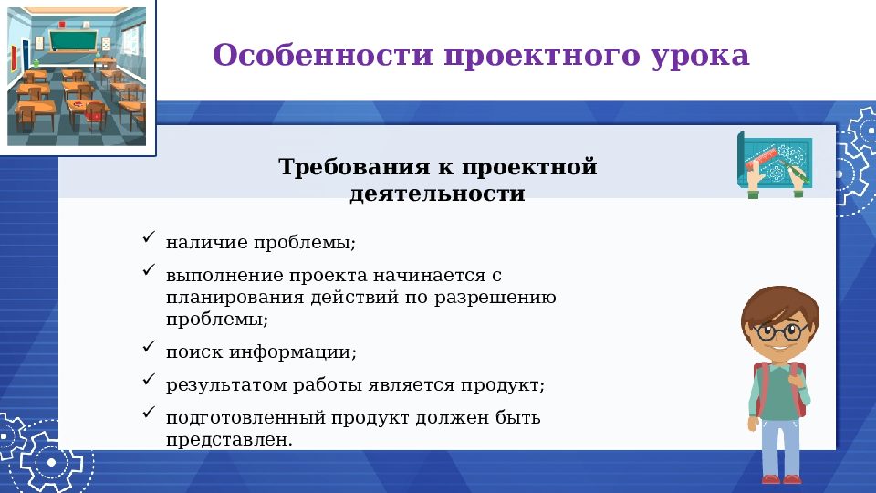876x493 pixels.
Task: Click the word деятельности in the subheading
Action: pyautogui.click(x=437, y=194)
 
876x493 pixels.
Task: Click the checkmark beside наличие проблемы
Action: pyautogui.click(x=149, y=239)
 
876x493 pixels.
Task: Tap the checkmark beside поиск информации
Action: pyautogui.click(x=149, y=347)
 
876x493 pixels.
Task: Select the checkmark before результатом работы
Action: pyautogui.click(x=149, y=381)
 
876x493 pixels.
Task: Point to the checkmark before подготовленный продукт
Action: pyautogui.click(x=149, y=414)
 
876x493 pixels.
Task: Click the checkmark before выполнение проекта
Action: pyautogui.click(x=149, y=271)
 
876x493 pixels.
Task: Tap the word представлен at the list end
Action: pyautogui.click(x=229, y=439)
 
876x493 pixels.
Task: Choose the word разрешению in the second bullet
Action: pyautogui.click(x=505, y=298)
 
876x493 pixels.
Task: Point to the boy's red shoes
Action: pyautogui.click(x=782, y=479)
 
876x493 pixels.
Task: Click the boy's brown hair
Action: pyautogui.click(x=777, y=301)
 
